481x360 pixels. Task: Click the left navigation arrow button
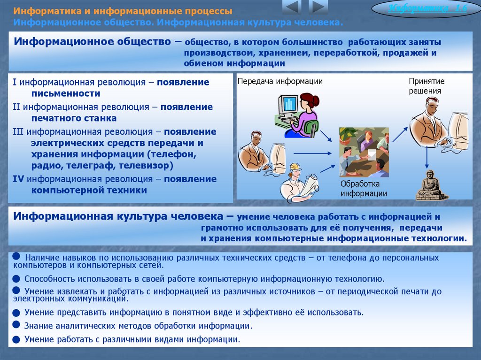point(292,7)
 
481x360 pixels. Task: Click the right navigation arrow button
point(319,7)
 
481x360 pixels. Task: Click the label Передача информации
point(280,82)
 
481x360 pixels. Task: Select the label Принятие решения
point(426,86)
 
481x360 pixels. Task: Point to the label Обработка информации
point(364,189)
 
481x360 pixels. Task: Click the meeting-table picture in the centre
point(364,152)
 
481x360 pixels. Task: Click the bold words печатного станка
point(74,118)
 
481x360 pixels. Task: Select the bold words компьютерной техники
point(89,190)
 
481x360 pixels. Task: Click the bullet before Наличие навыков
point(16,256)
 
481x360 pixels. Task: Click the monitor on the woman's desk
point(287,105)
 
